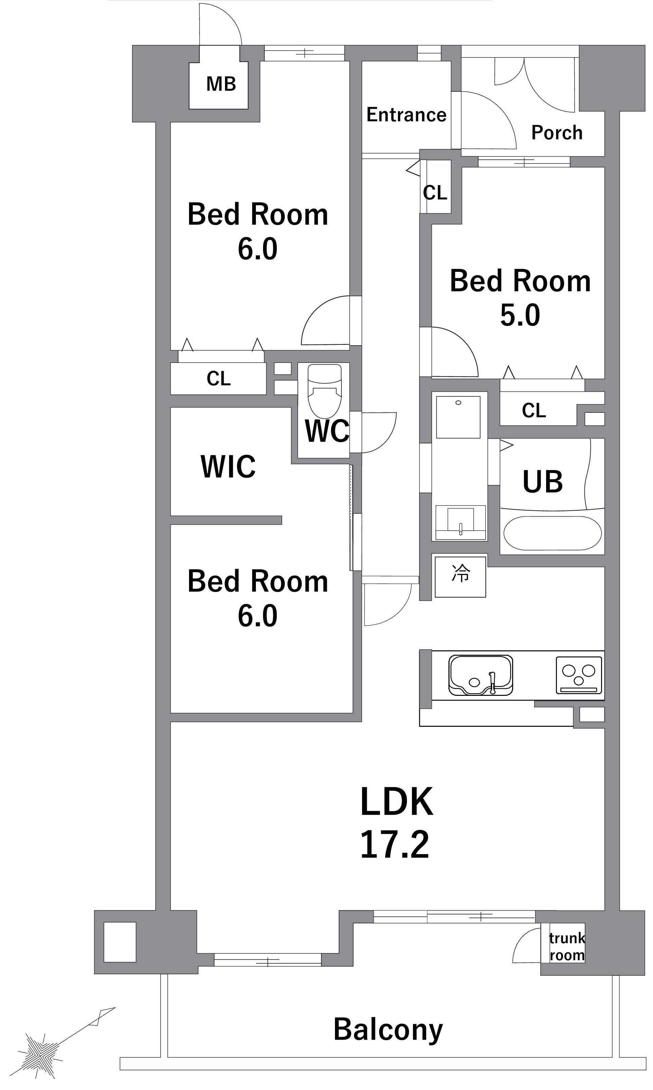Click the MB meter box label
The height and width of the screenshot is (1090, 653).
pos(221,84)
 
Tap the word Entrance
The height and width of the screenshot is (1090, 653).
pos(406,115)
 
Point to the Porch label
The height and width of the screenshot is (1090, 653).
pos(557,133)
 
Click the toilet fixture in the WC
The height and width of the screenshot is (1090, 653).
pos(324,391)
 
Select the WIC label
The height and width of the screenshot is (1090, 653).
pos(228,467)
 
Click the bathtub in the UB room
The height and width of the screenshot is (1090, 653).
pos(552,533)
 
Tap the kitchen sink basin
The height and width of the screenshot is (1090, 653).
pos(481,675)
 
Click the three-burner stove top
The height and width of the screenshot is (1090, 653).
pos(579,675)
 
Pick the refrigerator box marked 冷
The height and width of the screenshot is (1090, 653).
pos(460,577)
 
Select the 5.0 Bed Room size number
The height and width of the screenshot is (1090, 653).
pos(520,315)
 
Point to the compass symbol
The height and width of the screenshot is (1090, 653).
pos(42,1050)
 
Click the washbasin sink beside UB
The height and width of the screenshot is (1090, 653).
pos(460,522)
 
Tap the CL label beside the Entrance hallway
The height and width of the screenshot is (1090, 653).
pos(435,192)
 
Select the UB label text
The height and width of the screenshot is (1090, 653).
pos(543,482)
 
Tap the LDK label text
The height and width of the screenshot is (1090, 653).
pos(396,802)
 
